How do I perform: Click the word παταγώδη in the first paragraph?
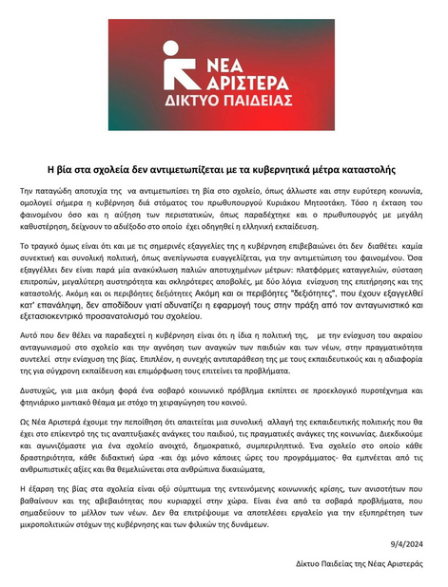[75, 191]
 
